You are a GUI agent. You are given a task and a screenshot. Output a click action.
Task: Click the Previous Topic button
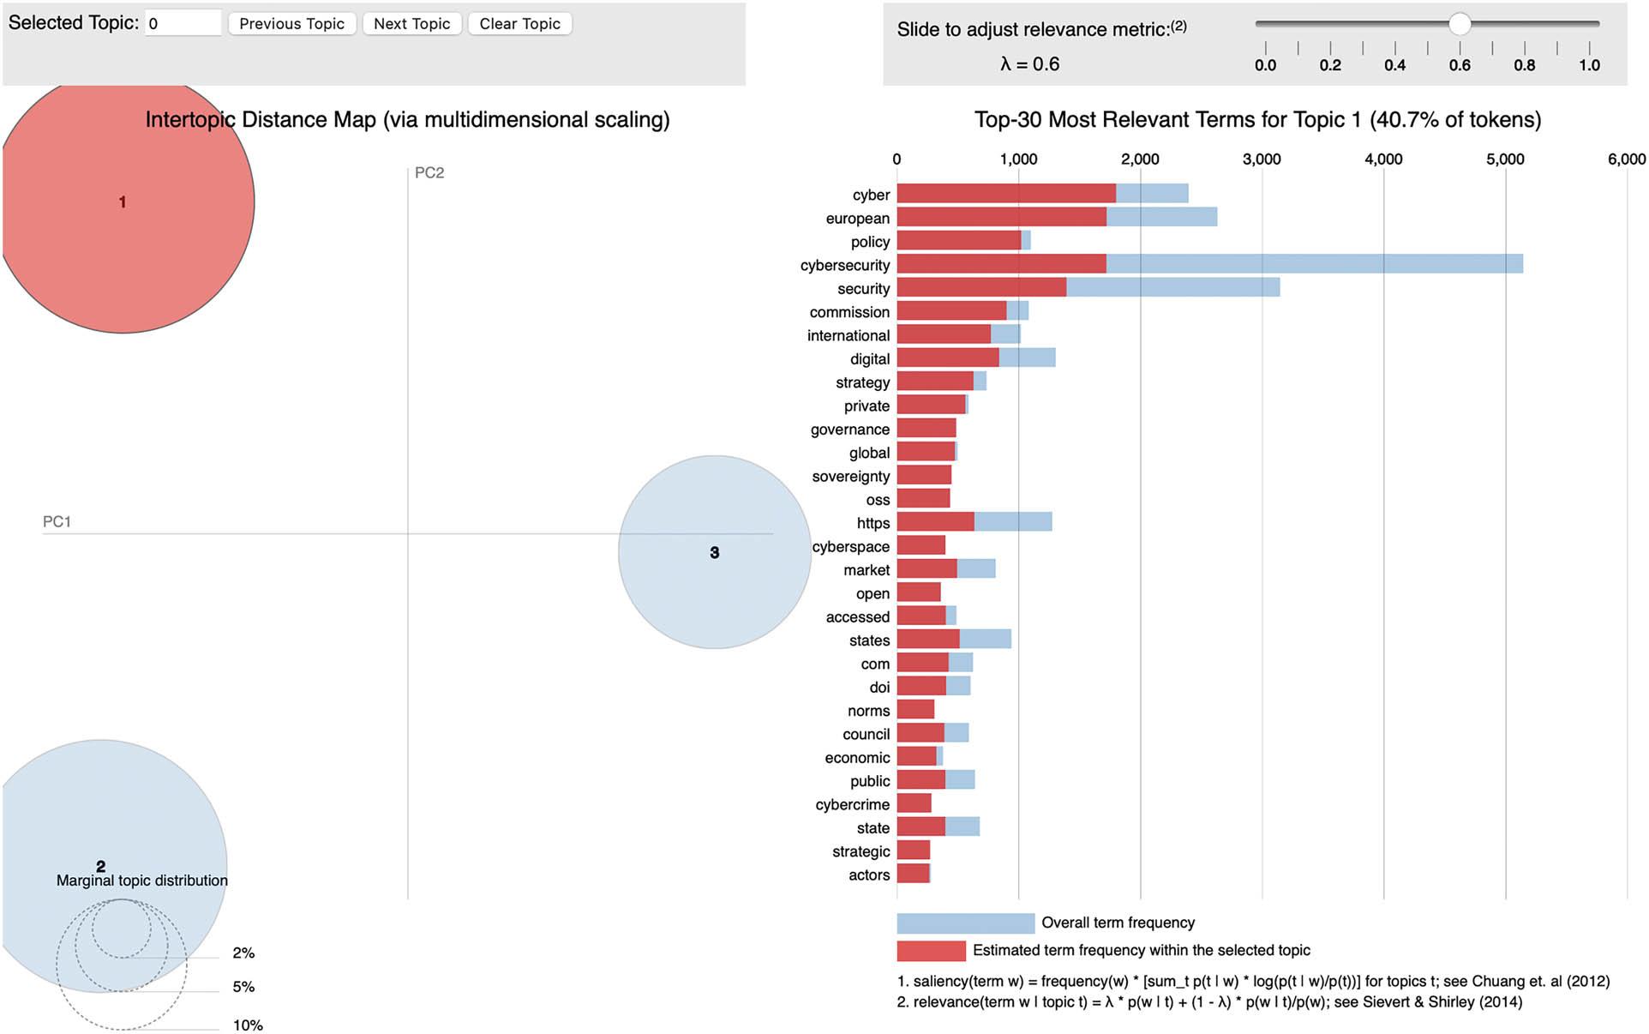click(291, 24)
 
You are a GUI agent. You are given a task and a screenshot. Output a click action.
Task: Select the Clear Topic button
click(519, 24)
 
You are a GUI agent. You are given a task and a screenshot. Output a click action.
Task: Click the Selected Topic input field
click(183, 23)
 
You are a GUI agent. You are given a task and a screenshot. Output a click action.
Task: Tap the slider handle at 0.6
click(1460, 24)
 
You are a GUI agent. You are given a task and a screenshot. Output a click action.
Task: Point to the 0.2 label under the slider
click(1330, 65)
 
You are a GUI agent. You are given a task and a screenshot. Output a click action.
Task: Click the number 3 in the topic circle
click(715, 553)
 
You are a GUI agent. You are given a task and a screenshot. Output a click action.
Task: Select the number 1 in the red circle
click(123, 202)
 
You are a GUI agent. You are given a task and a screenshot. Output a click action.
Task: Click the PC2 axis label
click(429, 173)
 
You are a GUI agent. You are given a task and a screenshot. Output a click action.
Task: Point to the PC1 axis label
click(57, 522)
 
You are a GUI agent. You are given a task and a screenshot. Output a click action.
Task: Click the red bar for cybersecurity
click(1001, 264)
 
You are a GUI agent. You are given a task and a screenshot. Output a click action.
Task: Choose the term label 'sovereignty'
click(851, 477)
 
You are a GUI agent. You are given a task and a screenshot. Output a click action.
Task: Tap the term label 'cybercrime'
click(853, 805)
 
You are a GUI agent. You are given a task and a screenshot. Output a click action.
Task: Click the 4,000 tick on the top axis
click(1383, 159)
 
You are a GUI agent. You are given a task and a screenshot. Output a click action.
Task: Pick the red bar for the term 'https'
click(935, 522)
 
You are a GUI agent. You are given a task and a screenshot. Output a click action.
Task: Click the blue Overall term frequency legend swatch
click(965, 923)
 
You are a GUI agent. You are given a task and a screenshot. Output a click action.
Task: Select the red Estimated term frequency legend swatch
click(931, 951)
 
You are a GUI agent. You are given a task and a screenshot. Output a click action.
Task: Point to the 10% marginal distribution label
click(248, 1025)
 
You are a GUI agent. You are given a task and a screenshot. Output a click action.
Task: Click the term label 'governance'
click(850, 430)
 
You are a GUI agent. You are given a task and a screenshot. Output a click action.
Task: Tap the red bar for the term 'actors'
click(913, 875)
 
